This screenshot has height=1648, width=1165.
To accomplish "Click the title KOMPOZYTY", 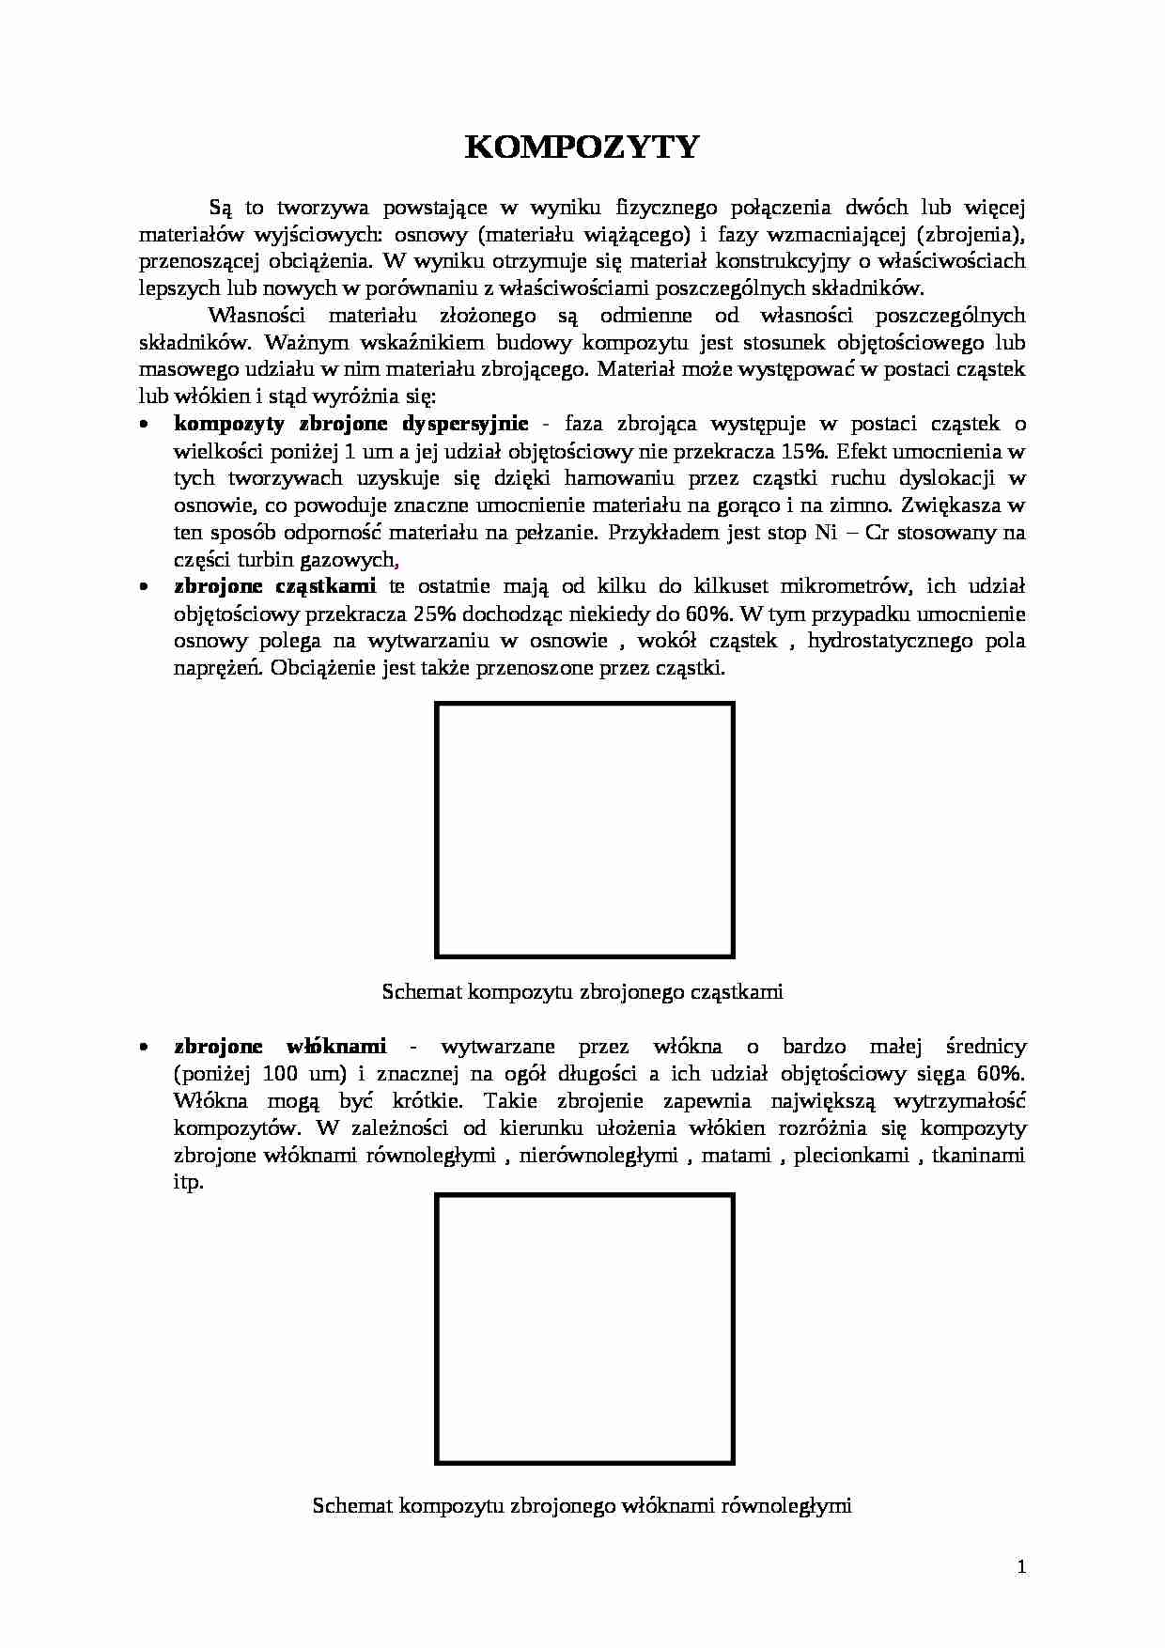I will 582,148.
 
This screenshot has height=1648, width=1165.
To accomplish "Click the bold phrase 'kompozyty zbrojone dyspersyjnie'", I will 350,424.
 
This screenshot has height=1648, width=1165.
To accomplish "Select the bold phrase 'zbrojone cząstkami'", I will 274,586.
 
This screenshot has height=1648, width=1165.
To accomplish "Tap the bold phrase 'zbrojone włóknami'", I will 280,1047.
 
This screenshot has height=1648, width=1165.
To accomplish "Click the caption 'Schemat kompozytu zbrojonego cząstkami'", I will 582,991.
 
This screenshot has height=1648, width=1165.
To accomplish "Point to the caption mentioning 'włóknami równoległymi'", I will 582,1505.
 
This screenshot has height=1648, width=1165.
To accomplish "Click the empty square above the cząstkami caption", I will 584,831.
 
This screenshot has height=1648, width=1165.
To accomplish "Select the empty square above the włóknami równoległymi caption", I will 584,1329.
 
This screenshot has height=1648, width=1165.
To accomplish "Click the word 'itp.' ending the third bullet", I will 188,1183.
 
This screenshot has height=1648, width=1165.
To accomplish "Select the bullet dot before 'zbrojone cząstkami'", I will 144,587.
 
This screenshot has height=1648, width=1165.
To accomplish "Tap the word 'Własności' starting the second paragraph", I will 255,315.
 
